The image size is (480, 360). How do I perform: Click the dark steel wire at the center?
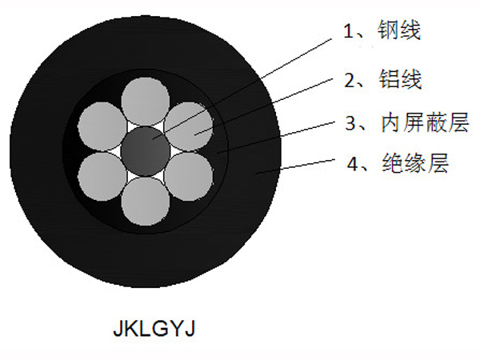[146, 151]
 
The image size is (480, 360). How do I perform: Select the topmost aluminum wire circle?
[146, 102]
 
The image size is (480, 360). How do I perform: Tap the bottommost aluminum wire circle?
[146, 201]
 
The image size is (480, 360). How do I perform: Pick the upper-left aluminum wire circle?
[102, 126]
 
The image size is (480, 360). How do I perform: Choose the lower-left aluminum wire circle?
[102, 177]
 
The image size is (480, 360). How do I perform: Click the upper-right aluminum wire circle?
[189, 126]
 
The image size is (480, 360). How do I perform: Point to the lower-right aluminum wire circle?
[189, 177]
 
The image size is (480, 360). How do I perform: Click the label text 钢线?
[399, 30]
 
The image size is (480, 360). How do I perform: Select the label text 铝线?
[401, 79]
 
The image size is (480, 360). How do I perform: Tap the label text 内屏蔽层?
[425, 122]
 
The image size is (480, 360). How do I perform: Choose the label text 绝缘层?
[415, 163]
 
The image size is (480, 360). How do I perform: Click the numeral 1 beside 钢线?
[348, 31]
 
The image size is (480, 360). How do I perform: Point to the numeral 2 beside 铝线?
[350, 80]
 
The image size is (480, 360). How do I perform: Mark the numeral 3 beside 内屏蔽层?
[351, 123]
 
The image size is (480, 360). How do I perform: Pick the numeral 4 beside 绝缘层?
[353, 164]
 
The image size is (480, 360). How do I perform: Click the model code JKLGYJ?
[154, 329]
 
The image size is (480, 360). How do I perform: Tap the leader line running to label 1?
[242, 89]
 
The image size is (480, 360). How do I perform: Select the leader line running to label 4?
[294, 166]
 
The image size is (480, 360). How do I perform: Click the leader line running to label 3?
[275, 137]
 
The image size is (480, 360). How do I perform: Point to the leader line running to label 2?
[263, 106]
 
